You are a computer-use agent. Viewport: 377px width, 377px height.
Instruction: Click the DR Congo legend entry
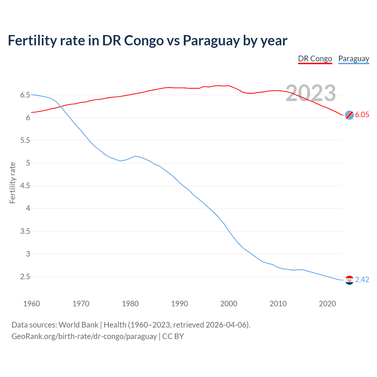315,59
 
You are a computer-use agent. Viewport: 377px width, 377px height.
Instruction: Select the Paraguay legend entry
353,59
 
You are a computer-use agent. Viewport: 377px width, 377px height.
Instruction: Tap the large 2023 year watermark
311,93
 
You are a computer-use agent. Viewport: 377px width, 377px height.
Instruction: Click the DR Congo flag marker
349,115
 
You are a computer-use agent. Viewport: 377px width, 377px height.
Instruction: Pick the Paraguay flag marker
349,280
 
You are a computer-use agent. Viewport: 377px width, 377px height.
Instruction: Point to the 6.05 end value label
362,115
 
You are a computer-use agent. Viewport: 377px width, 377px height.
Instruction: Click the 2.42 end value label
362,280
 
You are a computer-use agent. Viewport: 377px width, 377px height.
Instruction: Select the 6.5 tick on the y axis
25,95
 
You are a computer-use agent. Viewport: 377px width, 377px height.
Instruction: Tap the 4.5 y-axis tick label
25,186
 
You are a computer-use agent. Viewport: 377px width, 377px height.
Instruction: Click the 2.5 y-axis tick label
25,277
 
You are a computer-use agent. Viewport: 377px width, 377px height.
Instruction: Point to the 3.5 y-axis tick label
25,231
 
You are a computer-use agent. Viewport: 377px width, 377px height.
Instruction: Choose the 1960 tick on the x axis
32,304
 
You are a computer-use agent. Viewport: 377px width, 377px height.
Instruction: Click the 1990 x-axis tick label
179,304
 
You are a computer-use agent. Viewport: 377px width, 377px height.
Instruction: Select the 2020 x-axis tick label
327,304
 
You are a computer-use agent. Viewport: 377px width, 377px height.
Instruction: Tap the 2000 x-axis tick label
229,304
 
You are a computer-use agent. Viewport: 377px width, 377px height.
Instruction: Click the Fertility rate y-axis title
12,183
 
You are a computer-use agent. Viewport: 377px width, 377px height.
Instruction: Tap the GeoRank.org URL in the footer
84,336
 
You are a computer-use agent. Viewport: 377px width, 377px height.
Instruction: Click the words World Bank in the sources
78,325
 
